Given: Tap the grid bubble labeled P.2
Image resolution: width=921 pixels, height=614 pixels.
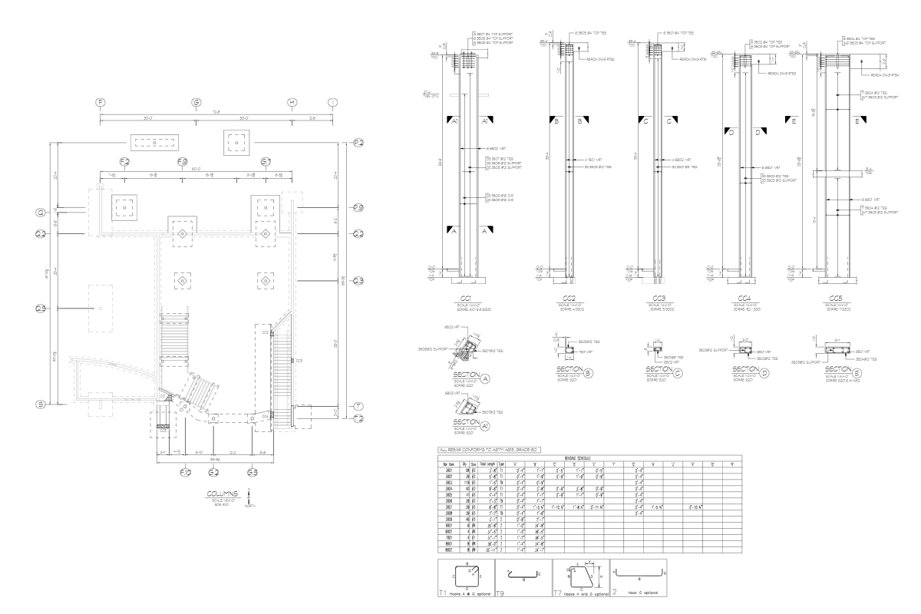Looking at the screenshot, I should pos(358,143).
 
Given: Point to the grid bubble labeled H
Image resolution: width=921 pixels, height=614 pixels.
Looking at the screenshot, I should pos(291,102).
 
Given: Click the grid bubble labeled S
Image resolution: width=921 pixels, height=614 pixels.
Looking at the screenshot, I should pos(39,404).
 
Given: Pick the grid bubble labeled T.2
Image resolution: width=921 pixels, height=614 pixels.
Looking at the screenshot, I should pos(358,418).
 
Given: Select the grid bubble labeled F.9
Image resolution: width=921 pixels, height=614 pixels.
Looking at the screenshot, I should pos(183,161).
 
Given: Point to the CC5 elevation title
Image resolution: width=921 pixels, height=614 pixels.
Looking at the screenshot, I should pos(837,298).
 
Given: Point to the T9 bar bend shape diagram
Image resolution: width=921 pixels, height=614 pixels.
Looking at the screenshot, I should pos(522,578).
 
